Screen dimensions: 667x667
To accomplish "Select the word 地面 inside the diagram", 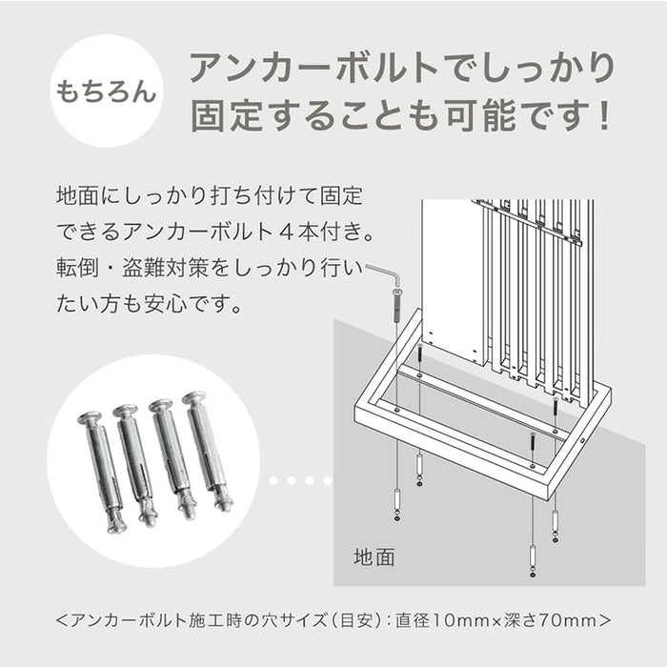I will pos(374,556).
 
